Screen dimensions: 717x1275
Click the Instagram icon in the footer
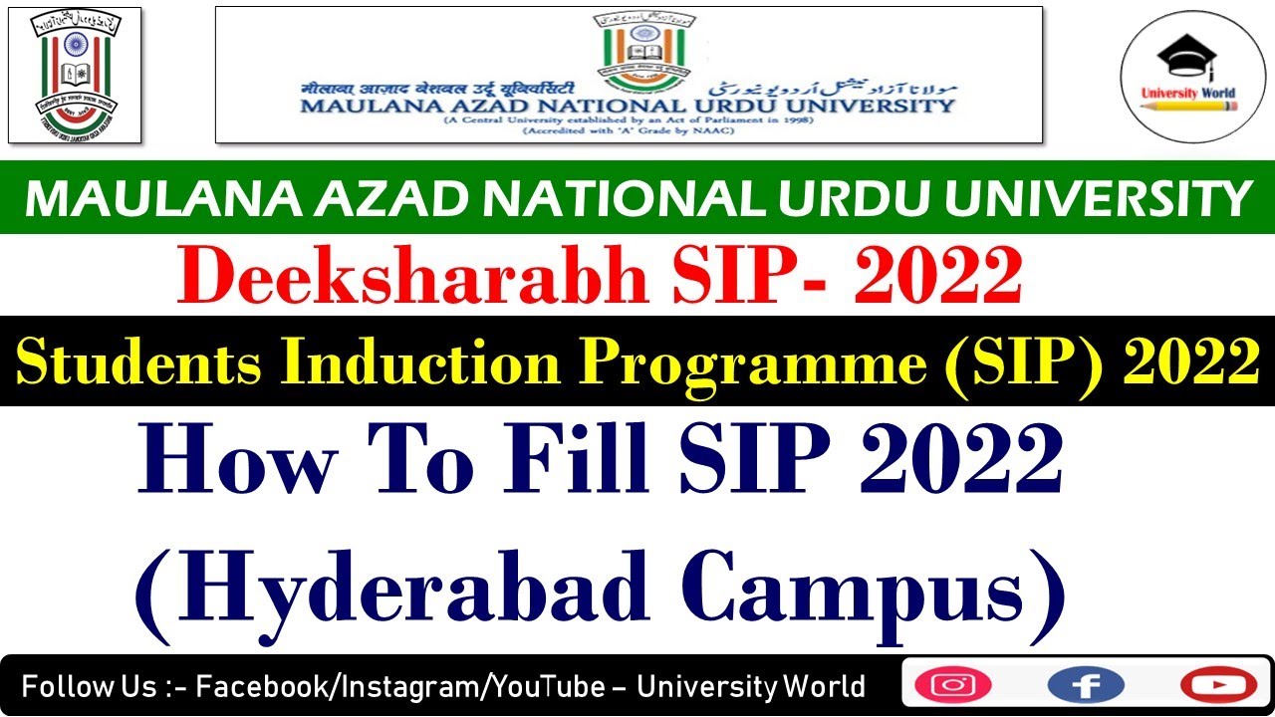pos(953,685)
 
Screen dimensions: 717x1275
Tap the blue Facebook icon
pos(1086,685)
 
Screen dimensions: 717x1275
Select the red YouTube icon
pos(1218,685)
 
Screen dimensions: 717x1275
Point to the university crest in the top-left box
pos(75,75)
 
